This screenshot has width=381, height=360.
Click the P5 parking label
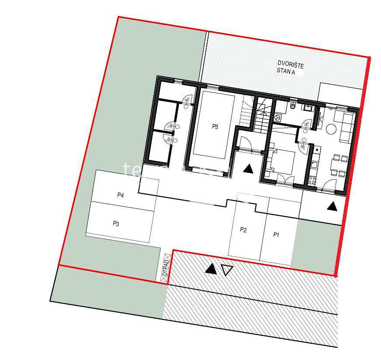pyautogui.click(x=215, y=127)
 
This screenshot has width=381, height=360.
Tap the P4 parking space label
pyautogui.click(x=121, y=195)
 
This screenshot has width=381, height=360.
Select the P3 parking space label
pyautogui.click(x=116, y=224)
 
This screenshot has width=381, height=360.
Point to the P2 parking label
pyautogui.click(x=243, y=230)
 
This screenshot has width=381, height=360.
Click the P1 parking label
pyautogui.click(x=276, y=235)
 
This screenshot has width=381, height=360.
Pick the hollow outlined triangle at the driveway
pyautogui.click(x=227, y=270)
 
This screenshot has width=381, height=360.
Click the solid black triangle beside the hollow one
pyautogui.click(x=211, y=269)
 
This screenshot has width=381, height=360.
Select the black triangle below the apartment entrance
pyautogui.click(x=332, y=206)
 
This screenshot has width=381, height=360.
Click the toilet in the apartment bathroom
pyautogui.click(x=294, y=106)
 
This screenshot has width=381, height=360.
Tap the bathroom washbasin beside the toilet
pyautogui.click(x=308, y=107)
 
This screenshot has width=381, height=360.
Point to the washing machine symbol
pyautogui.click(x=277, y=117)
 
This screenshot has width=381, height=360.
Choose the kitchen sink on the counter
pyautogui.click(x=314, y=165)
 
